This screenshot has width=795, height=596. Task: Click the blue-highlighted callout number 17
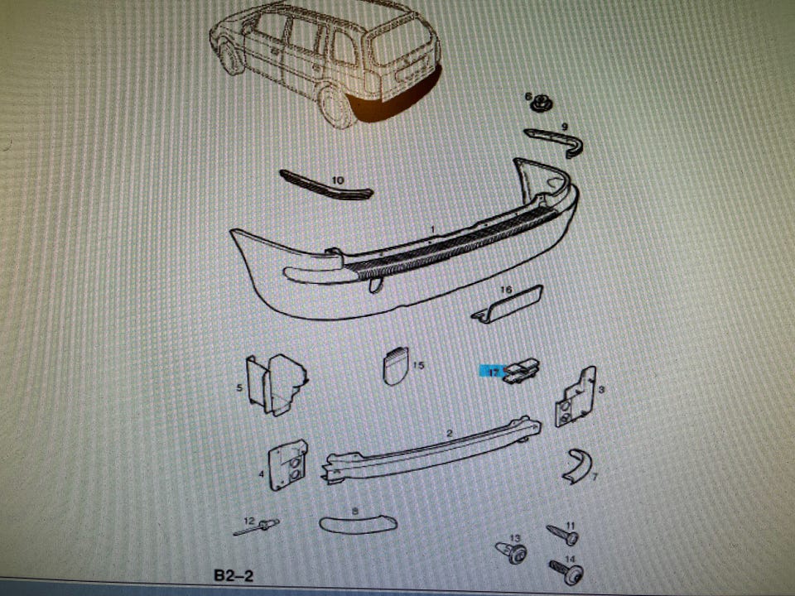(494, 372)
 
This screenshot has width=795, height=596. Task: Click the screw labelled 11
(562, 534)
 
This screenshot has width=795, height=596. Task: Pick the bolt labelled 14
(566, 571)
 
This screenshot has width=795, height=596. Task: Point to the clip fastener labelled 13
(511, 552)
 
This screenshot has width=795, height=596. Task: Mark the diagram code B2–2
(234, 576)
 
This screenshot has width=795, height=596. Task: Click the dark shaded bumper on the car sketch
(396, 100)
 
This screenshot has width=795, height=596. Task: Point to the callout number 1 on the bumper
(432, 229)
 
